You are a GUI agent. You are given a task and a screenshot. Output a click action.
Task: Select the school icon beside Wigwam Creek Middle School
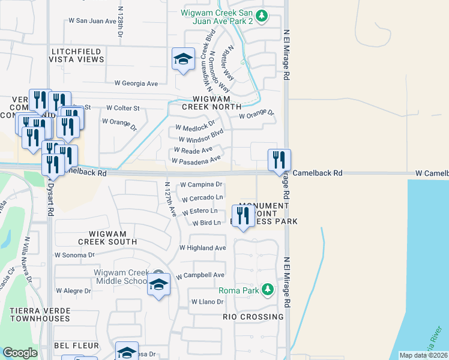pyautogui.click(x=158, y=285)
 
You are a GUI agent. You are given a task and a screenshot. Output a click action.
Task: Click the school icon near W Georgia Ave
pyautogui.click(x=183, y=59)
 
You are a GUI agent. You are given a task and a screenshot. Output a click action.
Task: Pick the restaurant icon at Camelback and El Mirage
pyautogui.click(x=279, y=160)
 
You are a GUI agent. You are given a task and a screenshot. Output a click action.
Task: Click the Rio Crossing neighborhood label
pyautogui.click(x=253, y=316)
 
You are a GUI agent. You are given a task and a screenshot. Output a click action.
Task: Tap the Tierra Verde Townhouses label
pyautogui.click(x=40, y=314)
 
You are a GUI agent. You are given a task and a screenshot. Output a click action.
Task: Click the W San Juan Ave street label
pyautogui.click(x=92, y=20)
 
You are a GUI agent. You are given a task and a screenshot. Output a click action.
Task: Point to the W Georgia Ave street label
pyautogui.click(x=131, y=83)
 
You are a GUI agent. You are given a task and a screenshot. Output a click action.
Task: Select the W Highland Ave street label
pyautogui.click(x=203, y=248)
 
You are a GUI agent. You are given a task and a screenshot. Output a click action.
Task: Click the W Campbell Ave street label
pyautogui.click(x=200, y=275)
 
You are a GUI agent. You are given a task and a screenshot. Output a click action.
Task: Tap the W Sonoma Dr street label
pyautogui.click(x=74, y=254)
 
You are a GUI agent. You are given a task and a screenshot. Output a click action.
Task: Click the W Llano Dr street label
pyautogui.click(x=206, y=302)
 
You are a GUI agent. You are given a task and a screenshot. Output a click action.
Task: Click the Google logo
pyautogui.click(x=20, y=353)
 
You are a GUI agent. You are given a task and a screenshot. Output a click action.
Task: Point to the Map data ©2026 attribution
pyautogui.click(x=423, y=355)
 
